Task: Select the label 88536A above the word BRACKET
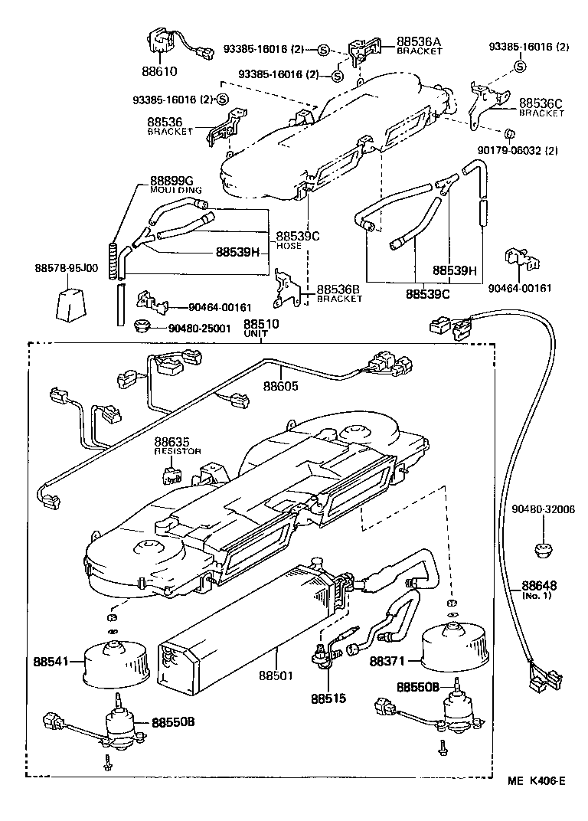click(420, 41)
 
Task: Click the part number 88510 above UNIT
click(261, 325)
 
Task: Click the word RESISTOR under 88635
click(177, 452)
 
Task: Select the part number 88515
click(328, 698)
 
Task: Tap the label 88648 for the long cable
click(540, 585)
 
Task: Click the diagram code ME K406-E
click(535, 781)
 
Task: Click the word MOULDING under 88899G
click(175, 189)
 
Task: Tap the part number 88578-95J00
click(66, 267)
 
